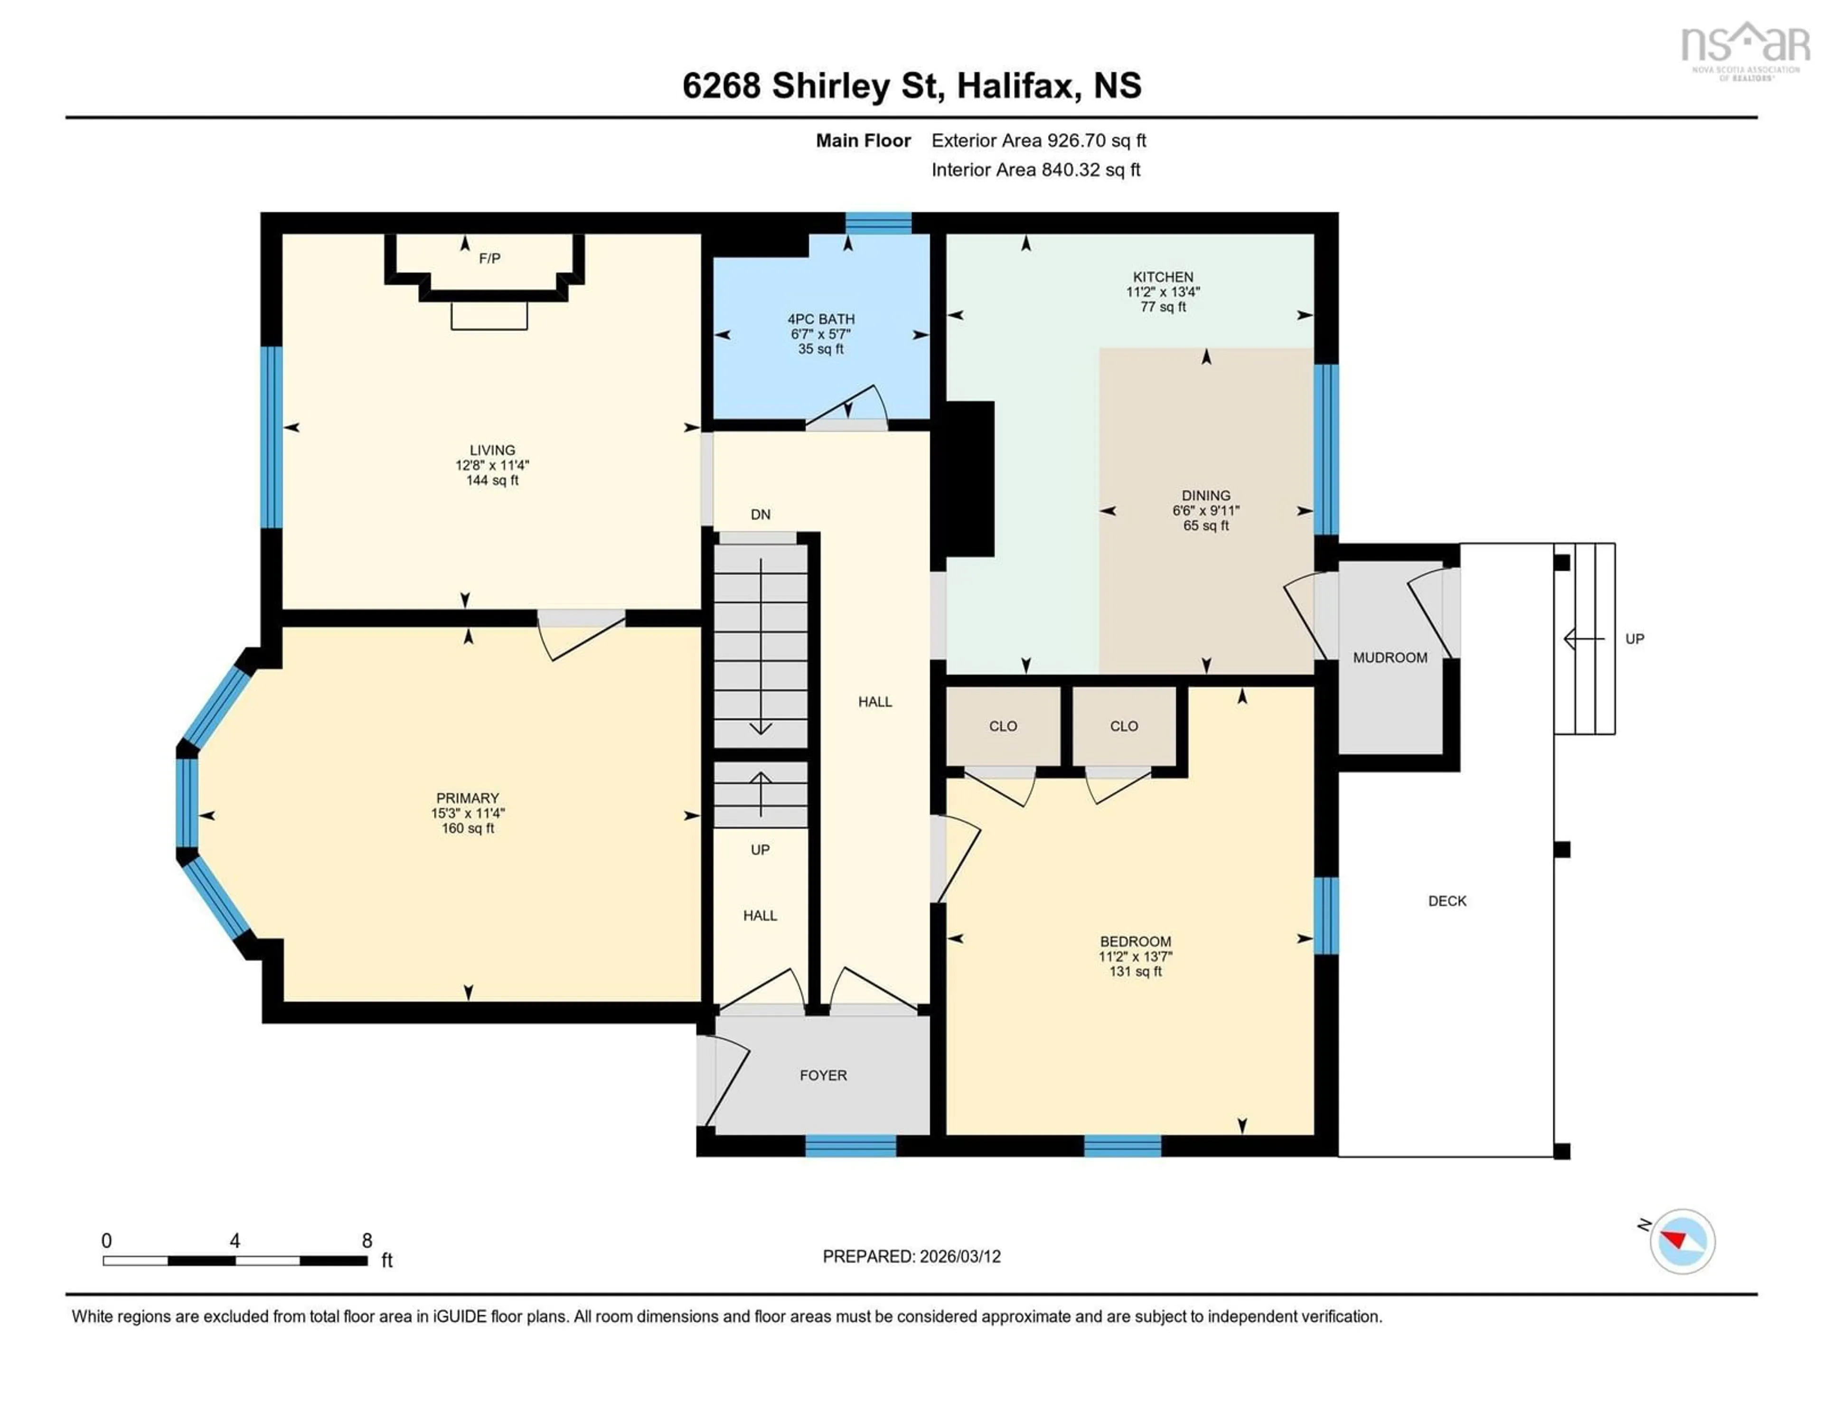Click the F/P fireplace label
pyautogui.click(x=489, y=259)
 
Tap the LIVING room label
pyautogui.click(x=492, y=450)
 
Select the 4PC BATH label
pyautogui.click(x=820, y=319)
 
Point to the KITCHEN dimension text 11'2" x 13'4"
pyautogui.click(x=1163, y=292)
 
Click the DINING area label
pyautogui.click(x=1205, y=495)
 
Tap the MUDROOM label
pyautogui.click(x=1390, y=657)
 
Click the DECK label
pyautogui.click(x=1447, y=901)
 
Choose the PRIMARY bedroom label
pyautogui.click(x=468, y=798)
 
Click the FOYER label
pyautogui.click(x=823, y=1075)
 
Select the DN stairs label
pyautogui.click(x=760, y=514)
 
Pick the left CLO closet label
pyautogui.click(x=1003, y=726)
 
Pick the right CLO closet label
pyautogui.click(x=1124, y=726)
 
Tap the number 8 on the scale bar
pyautogui.click(x=366, y=1240)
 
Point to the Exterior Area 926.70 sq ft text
pyautogui.click(x=1038, y=140)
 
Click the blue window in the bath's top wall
pyautogui.click(x=878, y=223)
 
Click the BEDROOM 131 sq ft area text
pyautogui.click(x=1135, y=971)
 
